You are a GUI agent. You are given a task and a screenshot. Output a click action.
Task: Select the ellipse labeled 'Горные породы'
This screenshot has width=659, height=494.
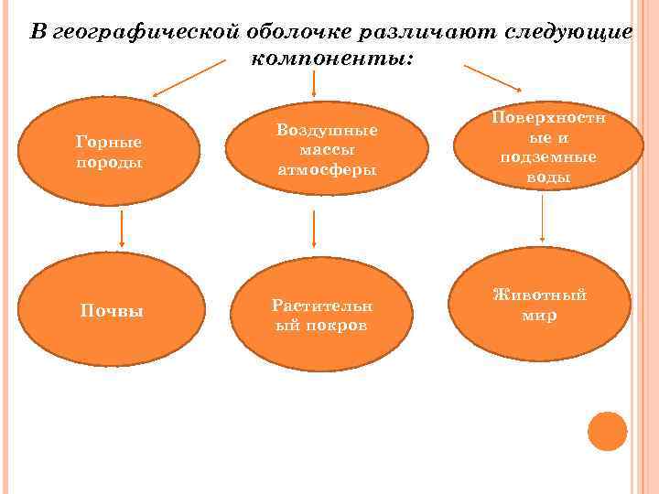point(109,152)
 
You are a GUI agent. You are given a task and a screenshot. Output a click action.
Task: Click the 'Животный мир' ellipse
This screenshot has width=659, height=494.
point(539,305)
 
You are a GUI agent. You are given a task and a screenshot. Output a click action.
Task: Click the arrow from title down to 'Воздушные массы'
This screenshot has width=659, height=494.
point(315,84)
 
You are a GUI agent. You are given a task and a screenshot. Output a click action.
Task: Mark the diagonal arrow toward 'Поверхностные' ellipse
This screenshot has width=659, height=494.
point(492,77)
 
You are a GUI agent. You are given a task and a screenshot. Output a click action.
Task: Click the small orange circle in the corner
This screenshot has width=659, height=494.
point(607,431)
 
